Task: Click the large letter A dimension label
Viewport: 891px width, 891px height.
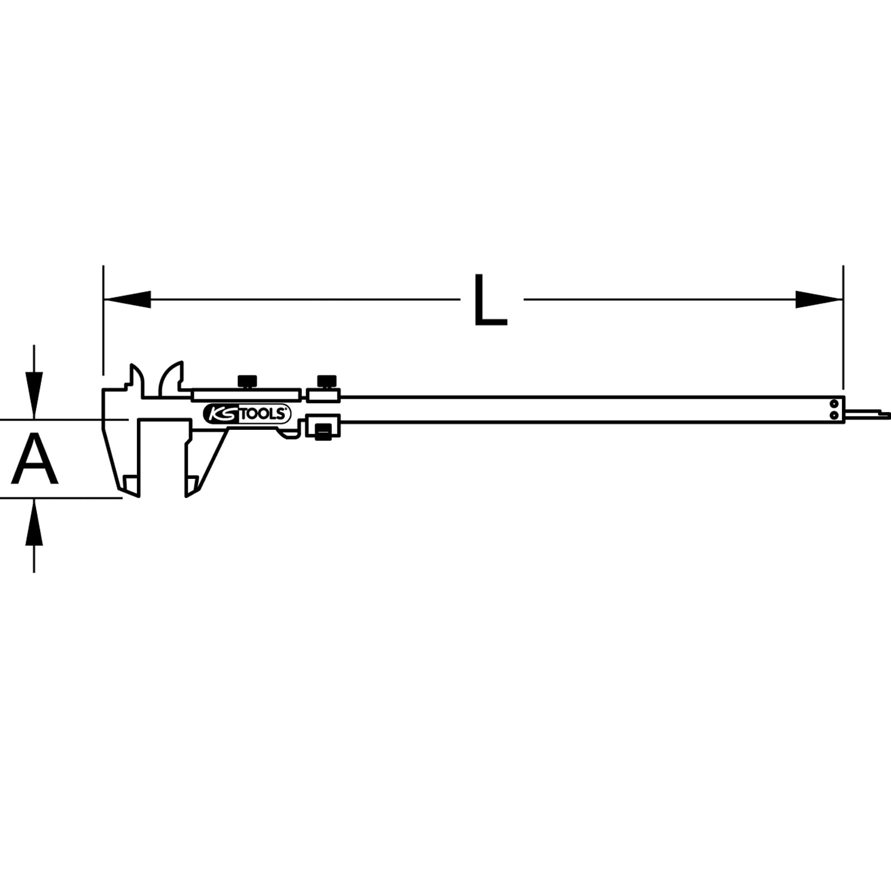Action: click(35, 460)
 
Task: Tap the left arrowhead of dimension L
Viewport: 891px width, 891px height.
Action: click(127, 300)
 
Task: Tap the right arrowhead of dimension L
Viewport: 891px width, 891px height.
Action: click(819, 300)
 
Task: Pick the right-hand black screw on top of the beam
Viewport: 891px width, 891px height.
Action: click(327, 382)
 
